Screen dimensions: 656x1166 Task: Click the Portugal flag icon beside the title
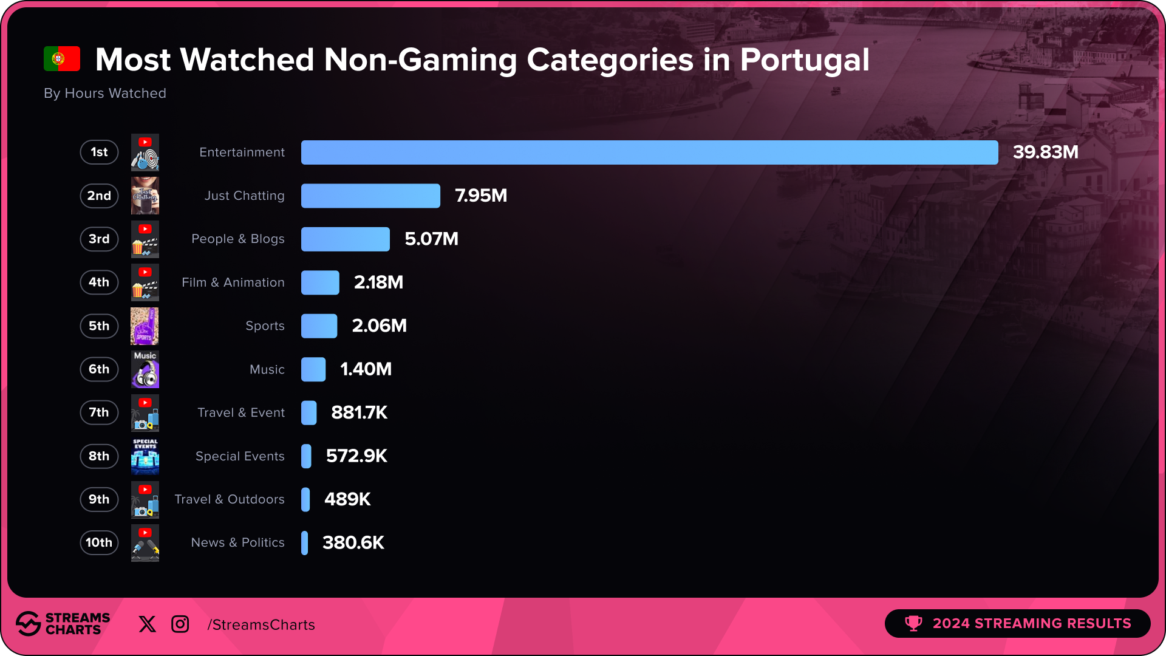tap(62, 59)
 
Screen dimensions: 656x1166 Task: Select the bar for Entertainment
tap(649, 152)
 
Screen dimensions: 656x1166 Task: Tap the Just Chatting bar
tap(370, 196)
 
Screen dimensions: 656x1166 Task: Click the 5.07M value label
tap(431, 239)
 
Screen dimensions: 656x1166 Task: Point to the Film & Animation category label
tap(233, 282)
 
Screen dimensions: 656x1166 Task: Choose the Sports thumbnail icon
tap(145, 326)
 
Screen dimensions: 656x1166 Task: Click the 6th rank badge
tap(99, 369)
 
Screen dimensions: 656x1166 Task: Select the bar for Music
tap(313, 369)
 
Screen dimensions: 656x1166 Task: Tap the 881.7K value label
tap(359, 412)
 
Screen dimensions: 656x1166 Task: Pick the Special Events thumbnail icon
tap(145, 456)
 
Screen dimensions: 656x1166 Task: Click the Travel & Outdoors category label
tap(229, 499)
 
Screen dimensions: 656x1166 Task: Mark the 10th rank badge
tap(99, 542)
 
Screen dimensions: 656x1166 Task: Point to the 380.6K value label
tap(353, 542)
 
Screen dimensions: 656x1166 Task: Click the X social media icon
tap(147, 624)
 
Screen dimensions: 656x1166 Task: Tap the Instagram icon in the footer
tap(180, 624)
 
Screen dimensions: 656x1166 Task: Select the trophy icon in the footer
tap(913, 623)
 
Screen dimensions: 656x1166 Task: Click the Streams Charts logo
tap(63, 624)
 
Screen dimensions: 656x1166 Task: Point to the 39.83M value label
tap(1045, 152)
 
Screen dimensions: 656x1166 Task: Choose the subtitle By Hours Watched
tap(105, 94)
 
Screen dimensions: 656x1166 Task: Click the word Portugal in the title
tap(804, 60)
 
